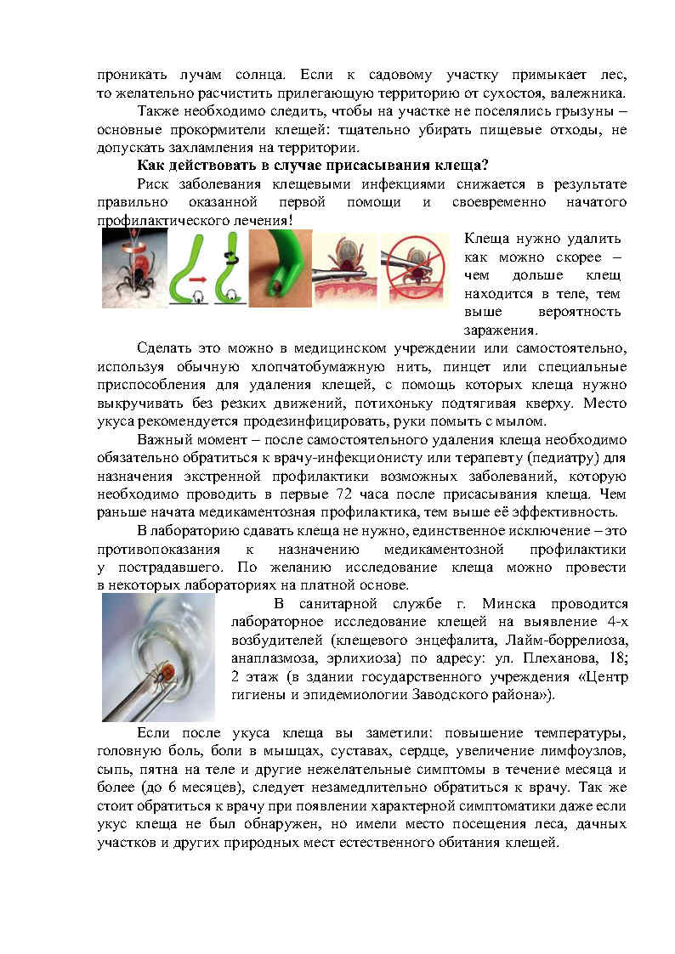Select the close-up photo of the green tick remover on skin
[281, 268]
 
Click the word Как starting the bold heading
[152, 165]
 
